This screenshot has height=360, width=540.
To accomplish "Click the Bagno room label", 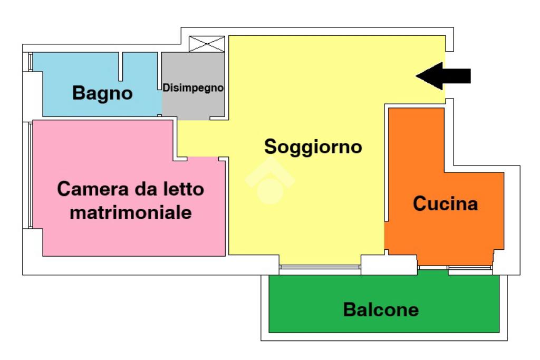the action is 102,93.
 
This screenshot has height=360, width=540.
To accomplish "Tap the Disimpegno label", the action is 193,88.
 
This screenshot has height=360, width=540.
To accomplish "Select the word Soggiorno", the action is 313,146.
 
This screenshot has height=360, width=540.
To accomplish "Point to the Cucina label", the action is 445,203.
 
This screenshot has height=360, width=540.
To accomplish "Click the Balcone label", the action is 381,309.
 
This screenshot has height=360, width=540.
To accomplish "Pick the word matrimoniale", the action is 130,213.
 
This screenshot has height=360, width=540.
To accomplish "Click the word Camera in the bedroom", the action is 85,189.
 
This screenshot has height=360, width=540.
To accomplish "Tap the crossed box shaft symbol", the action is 207,44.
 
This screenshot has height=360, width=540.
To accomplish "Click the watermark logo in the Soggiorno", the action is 269,181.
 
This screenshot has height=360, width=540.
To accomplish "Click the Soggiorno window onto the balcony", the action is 320,267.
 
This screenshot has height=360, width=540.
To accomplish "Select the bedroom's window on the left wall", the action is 31,174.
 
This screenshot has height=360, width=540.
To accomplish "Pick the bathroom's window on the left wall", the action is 30,62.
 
